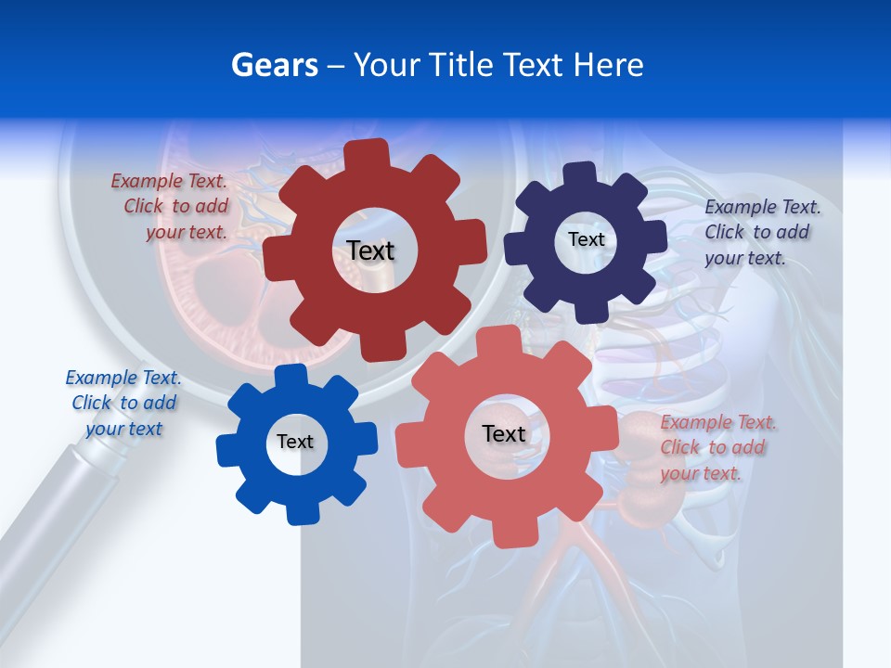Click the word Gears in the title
(274, 65)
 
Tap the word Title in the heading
(459, 65)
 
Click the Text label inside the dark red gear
(370, 250)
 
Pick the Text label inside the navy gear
(586, 239)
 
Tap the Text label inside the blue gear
(295, 442)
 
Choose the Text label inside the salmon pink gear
(504, 433)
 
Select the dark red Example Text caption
(171, 207)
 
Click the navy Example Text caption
(761, 232)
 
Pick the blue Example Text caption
(123, 403)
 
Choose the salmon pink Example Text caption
(717, 447)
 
